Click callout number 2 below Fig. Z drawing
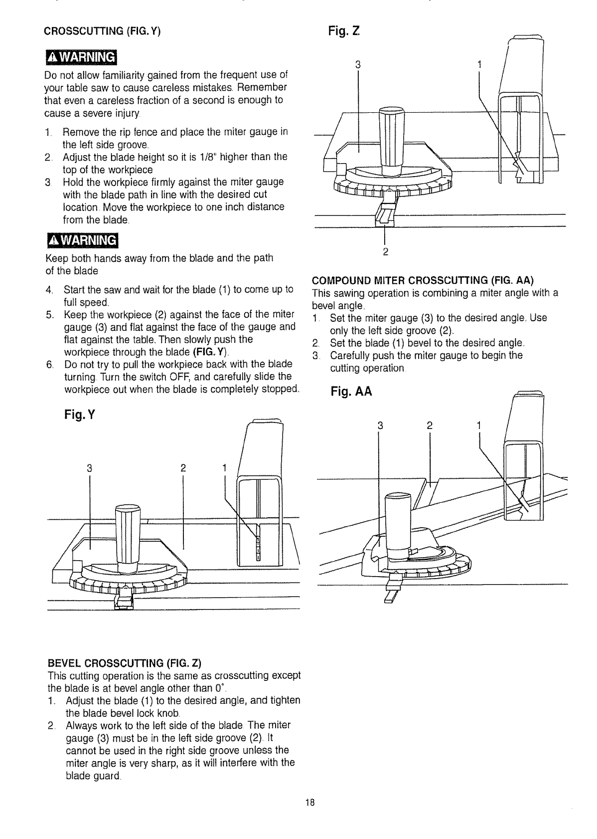385,250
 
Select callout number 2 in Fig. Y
183,468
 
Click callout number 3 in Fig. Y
89,468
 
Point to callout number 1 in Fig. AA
479,425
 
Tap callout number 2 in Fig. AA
430,425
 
